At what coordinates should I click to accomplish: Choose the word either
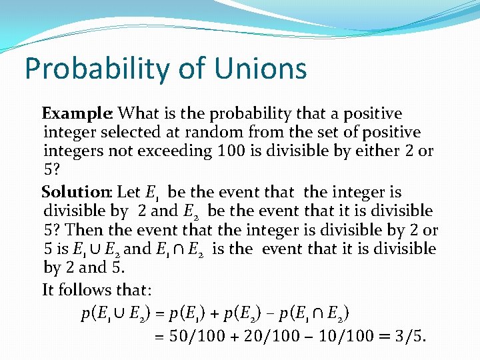pos(377,151)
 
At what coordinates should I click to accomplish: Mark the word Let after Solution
pos(129,193)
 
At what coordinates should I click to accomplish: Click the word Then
pos(85,230)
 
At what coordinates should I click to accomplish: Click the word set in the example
pos(333,133)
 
